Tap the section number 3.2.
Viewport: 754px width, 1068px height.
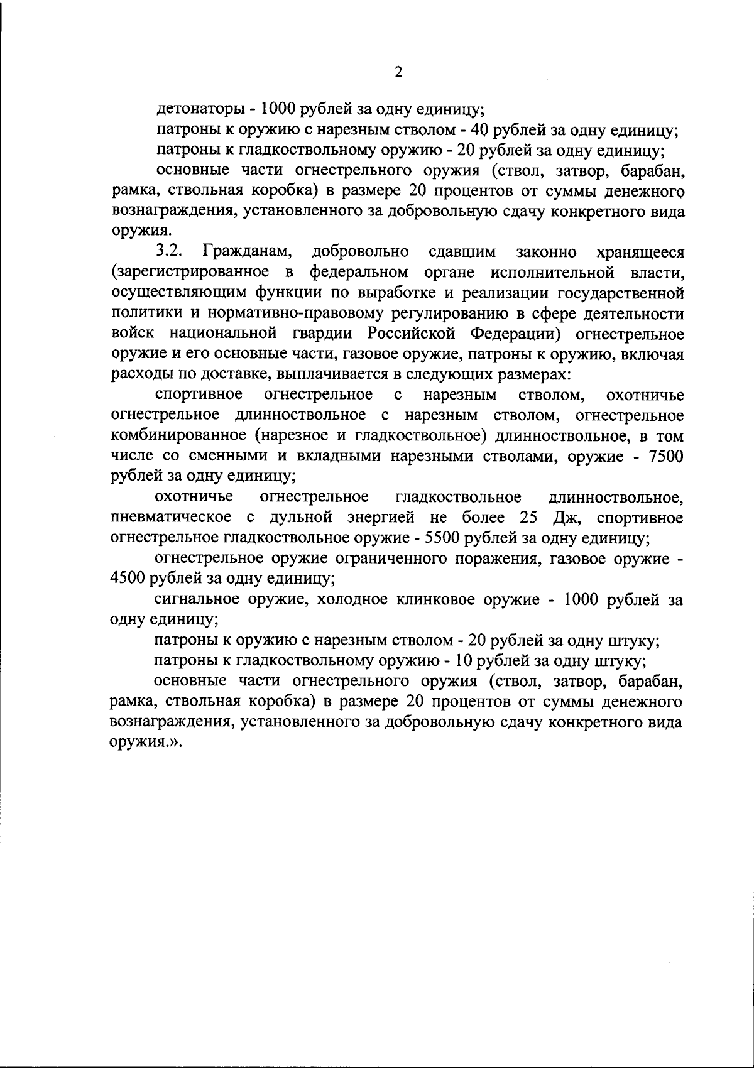(169, 253)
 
